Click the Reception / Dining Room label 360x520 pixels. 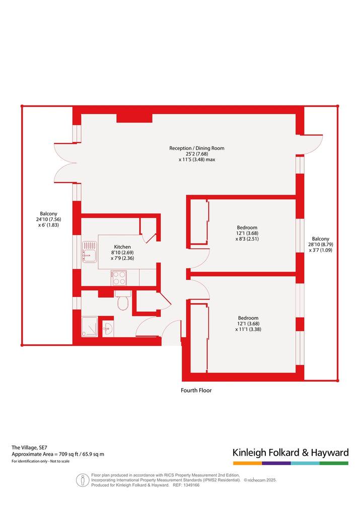[197, 148]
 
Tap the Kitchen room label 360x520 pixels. [122, 247]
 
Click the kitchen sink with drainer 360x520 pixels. [90, 252]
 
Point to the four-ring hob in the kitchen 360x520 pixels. [119, 278]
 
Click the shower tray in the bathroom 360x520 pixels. [90, 327]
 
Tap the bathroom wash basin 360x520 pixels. [108, 329]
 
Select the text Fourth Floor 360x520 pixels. [196, 390]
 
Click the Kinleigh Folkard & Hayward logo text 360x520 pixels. [291, 453]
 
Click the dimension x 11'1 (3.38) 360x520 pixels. [248, 329]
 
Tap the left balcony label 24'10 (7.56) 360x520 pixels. [49, 219]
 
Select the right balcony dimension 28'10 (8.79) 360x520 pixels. [321, 245]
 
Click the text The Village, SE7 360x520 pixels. [30, 448]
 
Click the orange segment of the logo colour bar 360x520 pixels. [247, 463]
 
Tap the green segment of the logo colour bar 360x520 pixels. [334, 463]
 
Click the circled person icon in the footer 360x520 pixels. [83, 480]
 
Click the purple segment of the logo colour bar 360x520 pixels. [276, 463]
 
